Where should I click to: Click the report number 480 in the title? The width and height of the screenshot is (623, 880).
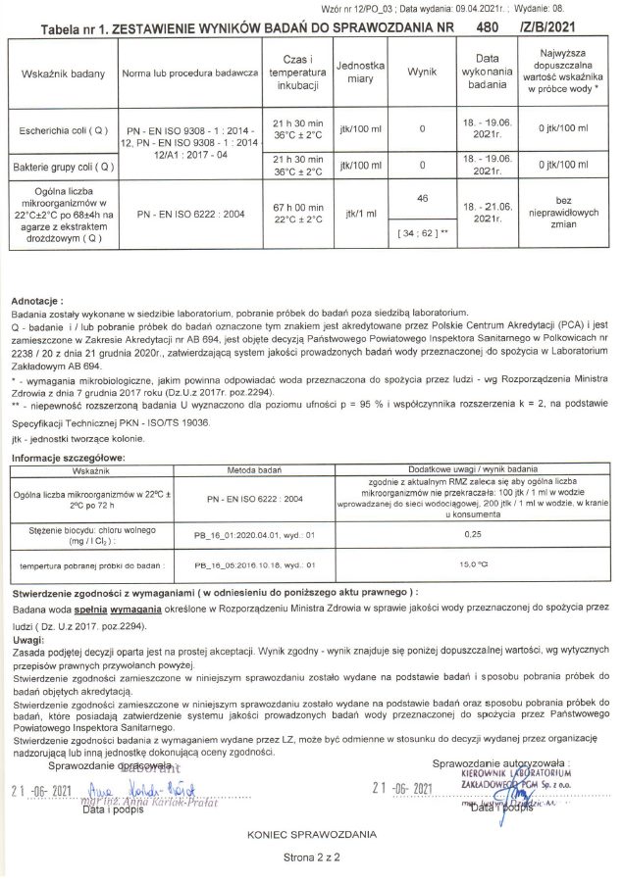point(485,29)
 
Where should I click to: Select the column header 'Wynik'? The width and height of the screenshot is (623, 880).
point(421,73)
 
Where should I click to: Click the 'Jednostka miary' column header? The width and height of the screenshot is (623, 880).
point(359,73)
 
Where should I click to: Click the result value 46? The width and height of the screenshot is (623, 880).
point(422,198)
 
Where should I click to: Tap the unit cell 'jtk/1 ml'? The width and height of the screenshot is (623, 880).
point(359,213)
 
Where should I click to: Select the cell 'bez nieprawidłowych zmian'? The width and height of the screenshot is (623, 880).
point(569,211)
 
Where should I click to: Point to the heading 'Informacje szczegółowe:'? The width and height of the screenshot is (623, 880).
point(62,458)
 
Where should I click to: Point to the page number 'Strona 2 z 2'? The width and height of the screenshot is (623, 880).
point(310,856)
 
